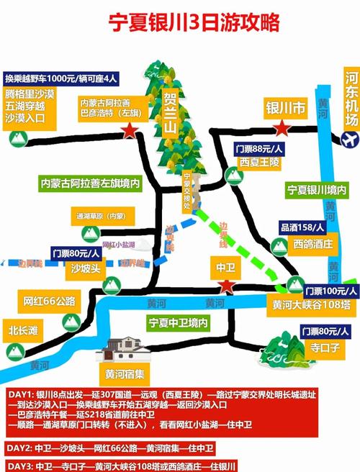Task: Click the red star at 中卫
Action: pyautogui.click(x=227, y=286)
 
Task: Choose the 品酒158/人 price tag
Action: pyautogui.click(x=297, y=229)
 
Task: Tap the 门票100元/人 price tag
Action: pyautogui.click(x=330, y=291)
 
